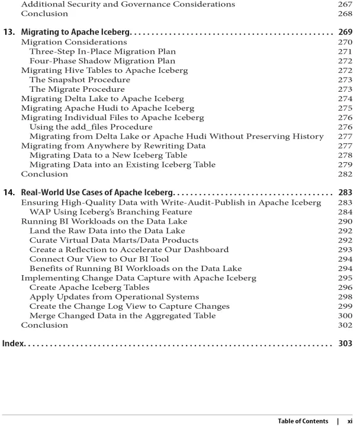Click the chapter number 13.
click(11, 31)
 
